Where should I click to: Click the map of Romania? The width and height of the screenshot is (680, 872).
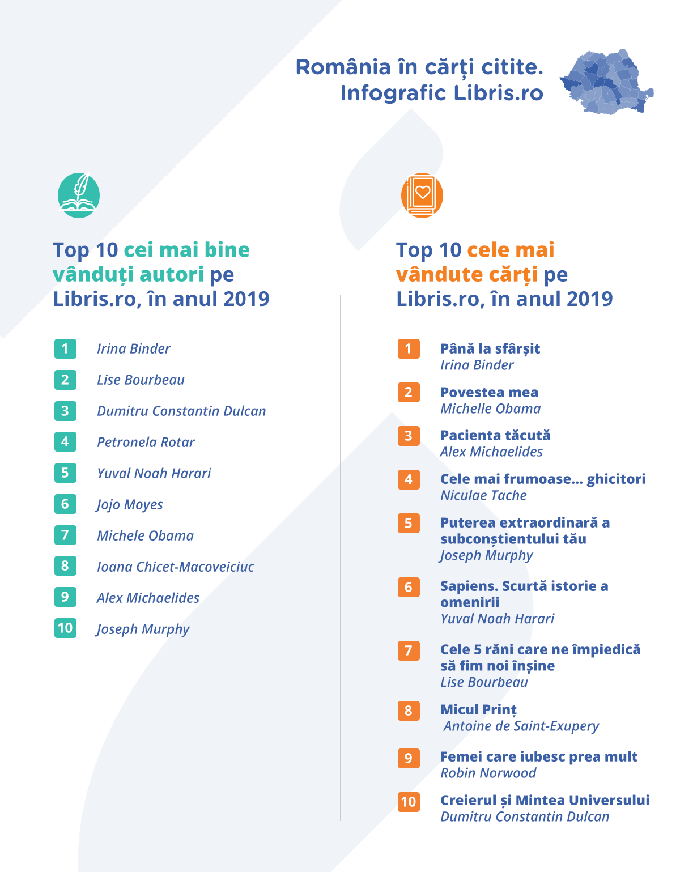606,82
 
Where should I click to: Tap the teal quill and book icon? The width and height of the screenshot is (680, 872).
79,195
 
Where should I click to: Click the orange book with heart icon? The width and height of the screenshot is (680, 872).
422,195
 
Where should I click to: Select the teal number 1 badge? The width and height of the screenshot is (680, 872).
65,348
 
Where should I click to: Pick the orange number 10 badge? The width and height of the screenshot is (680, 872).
409,802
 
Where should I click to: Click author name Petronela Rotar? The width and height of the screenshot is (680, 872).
146,442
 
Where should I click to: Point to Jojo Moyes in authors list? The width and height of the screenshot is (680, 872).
130,504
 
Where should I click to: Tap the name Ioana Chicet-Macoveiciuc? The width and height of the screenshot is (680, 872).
176,567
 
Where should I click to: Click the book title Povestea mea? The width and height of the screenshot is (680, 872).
489,392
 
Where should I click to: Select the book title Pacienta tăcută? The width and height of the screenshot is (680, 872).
495,435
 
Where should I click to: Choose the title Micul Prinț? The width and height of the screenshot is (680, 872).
478,709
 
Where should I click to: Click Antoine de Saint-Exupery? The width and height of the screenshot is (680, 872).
521,726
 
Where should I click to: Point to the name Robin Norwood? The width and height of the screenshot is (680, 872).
488,773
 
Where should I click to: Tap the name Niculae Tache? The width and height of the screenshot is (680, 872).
483,495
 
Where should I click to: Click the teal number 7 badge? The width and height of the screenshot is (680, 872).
65,535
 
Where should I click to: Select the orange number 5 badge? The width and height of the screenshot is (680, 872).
409,523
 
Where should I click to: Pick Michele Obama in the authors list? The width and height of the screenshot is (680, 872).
145,535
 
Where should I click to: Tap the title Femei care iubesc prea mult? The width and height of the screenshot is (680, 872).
539,756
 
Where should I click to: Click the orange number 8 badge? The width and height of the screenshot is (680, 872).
409,711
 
